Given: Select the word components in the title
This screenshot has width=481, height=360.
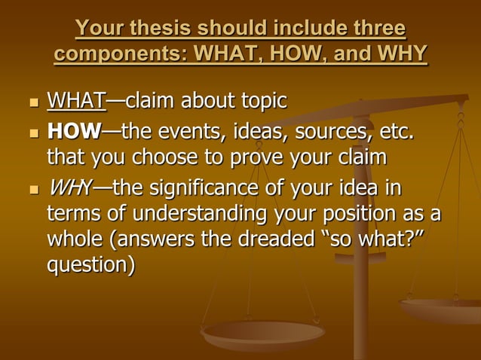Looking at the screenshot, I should click(x=118, y=55).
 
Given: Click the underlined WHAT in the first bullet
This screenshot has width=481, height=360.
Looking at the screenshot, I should click(x=76, y=100).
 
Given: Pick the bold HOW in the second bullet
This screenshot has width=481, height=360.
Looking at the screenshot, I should click(x=74, y=133).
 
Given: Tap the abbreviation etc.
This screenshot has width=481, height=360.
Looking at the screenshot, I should click(x=395, y=133).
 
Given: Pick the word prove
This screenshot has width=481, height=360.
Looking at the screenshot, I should click(x=265, y=159).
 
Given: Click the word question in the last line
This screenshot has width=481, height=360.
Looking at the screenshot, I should click(x=90, y=267).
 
